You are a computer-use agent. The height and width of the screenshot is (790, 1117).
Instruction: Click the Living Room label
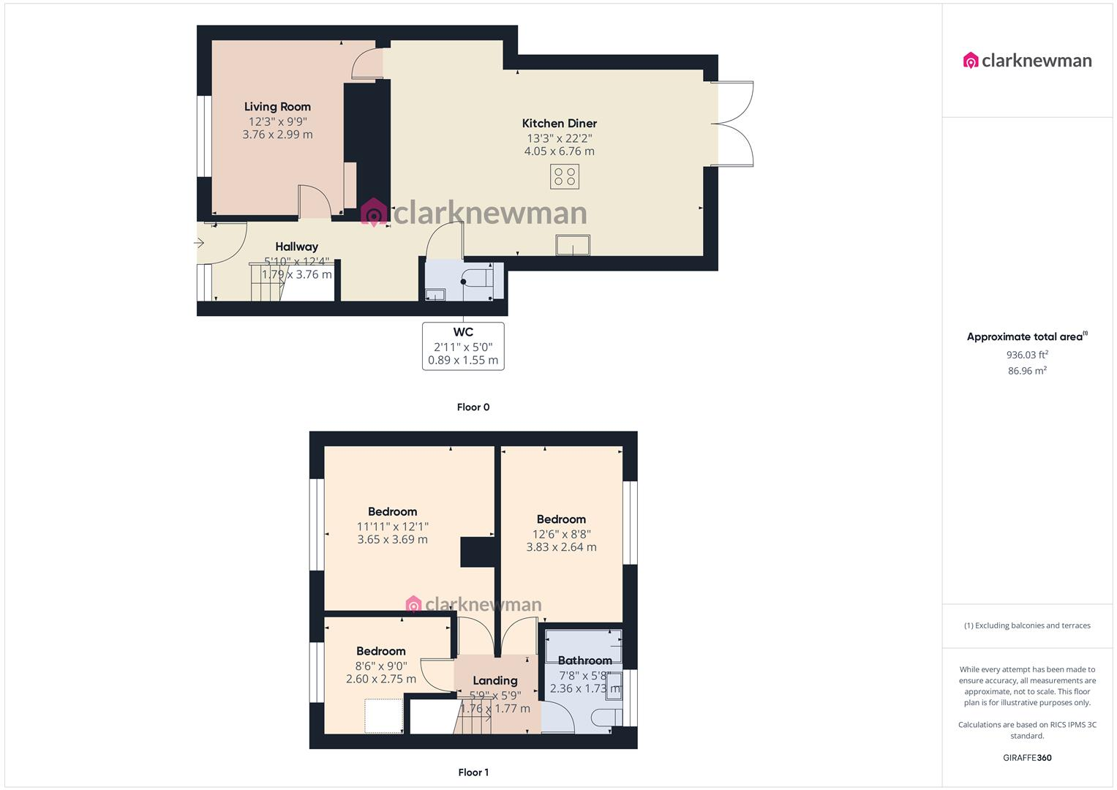277,107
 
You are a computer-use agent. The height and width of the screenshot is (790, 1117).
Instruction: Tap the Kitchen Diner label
559,124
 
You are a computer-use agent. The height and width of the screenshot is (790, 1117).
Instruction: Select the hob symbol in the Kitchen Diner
565,176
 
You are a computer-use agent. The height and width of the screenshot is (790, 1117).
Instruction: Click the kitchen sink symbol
573,244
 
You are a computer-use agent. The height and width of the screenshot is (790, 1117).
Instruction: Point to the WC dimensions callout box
463,346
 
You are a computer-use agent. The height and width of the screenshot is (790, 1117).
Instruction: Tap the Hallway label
296,247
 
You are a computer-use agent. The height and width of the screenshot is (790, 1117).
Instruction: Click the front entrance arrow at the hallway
200,244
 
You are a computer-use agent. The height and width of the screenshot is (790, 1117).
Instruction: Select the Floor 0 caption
473,407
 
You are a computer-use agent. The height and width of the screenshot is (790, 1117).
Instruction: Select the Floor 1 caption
473,772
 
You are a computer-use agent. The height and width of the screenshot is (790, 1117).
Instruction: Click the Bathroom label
584,661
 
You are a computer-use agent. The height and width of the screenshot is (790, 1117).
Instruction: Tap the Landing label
494,680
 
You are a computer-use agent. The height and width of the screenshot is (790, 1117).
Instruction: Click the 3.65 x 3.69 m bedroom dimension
392,540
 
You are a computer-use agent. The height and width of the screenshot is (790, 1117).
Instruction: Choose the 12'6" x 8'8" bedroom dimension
561,534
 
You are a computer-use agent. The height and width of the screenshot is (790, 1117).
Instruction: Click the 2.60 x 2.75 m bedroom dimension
380,679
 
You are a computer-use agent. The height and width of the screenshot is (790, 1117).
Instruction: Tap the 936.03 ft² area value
1027,355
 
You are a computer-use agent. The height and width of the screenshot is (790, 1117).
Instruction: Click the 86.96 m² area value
1027,371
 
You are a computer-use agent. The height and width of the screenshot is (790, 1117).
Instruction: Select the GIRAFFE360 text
1027,758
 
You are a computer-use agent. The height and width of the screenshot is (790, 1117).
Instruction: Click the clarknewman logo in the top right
1027,61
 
